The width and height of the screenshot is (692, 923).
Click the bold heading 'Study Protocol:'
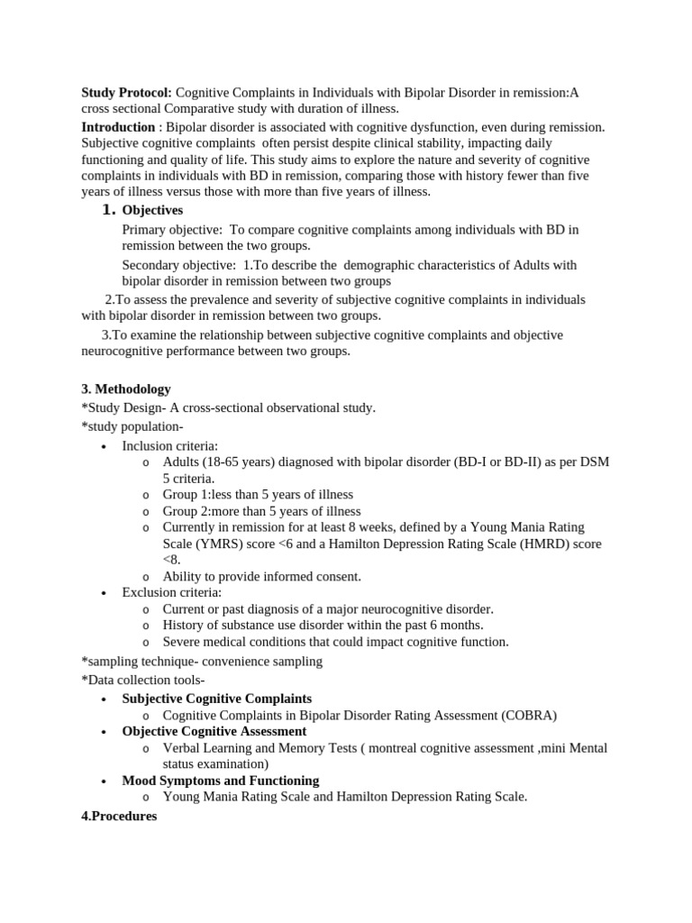[127, 93]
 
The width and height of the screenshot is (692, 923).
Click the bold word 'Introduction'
[118, 127]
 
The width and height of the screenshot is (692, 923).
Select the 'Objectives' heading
[152, 210]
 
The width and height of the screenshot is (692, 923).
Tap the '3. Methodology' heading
[126, 389]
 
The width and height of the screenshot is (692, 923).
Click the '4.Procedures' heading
[119, 816]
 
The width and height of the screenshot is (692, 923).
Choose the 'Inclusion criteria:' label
[170, 445]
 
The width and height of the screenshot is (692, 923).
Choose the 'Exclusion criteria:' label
[172, 592]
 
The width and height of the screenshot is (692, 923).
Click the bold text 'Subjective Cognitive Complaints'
[217, 699]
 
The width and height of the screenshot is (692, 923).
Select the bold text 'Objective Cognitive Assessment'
[214, 731]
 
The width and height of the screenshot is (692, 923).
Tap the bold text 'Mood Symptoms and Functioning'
[221, 780]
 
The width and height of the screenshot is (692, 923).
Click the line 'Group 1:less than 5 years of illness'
[258, 495]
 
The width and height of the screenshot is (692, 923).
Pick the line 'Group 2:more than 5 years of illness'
[261, 511]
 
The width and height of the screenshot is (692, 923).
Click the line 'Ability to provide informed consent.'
[261, 576]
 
